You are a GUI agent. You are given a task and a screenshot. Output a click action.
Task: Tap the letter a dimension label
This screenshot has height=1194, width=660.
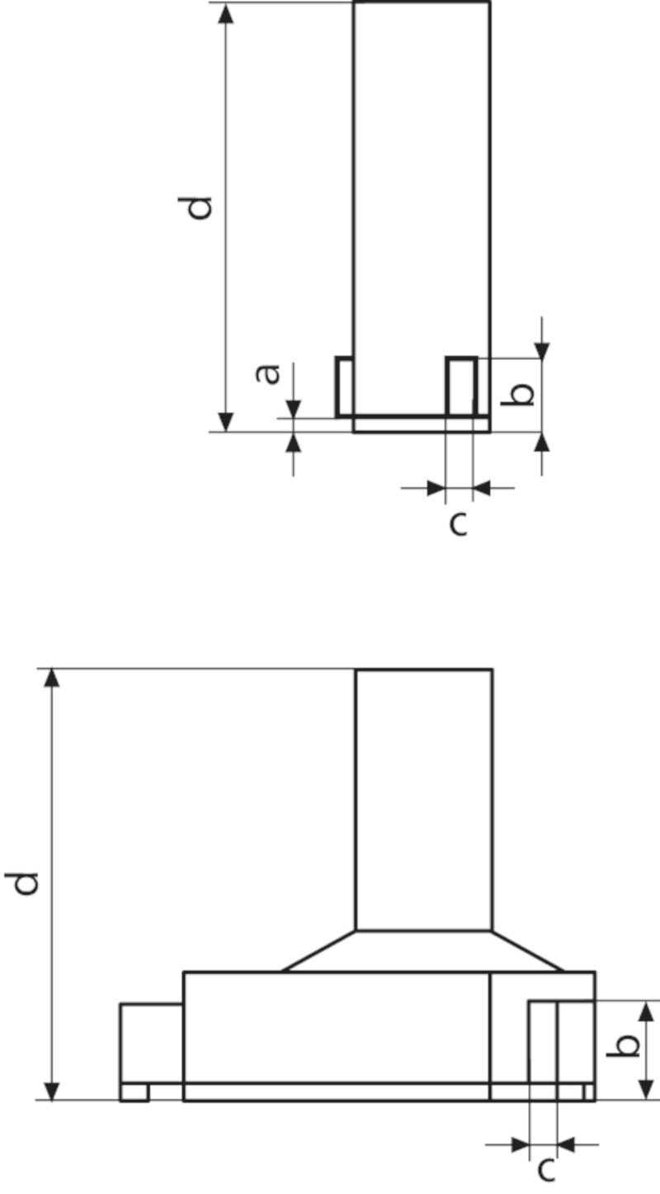pyautogui.click(x=267, y=374)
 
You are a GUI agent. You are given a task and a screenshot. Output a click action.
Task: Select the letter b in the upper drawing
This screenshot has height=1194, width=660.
pyautogui.click(x=518, y=394)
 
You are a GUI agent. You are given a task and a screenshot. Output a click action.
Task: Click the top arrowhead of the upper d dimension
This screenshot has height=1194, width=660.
pyautogui.click(x=226, y=12)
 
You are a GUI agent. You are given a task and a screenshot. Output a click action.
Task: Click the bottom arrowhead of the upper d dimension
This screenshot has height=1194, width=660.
pyautogui.click(x=226, y=422)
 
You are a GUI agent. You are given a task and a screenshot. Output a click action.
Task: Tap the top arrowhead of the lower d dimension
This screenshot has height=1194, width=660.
pyautogui.click(x=52, y=678)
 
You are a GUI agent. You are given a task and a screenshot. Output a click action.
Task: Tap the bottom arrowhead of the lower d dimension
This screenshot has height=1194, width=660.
pyautogui.click(x=52, y=1091)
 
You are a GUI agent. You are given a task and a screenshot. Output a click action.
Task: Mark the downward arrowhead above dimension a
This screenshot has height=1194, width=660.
pyautogui.click(x=294, y=409)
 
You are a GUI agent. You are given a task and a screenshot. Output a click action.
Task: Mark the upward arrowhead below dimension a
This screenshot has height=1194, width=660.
pyautogui.click(x=294, y=442)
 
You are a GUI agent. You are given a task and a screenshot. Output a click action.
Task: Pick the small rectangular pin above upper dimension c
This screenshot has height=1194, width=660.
pyautogui.click(x=461, y=386)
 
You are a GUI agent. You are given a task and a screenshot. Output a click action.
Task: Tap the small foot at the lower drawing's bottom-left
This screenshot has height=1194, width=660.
pyautogui.click(x=134, y=1092)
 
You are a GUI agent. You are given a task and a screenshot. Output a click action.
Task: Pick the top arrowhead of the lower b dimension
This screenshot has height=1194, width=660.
pyautogui.click(x=646, y=1011)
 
